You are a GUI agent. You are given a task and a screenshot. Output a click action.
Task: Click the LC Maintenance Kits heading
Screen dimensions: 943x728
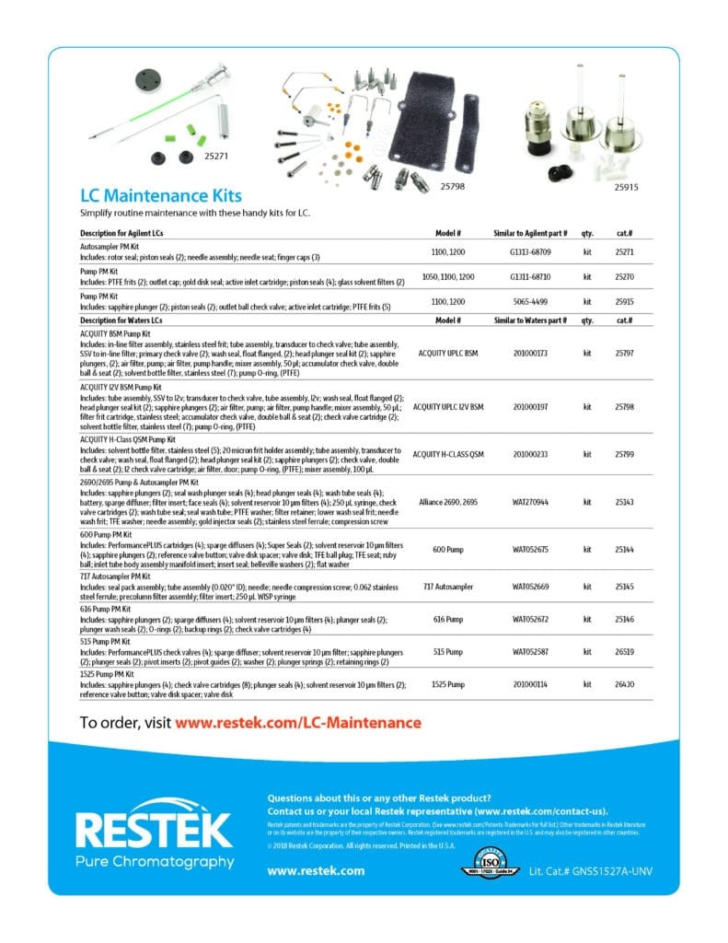point(161,195)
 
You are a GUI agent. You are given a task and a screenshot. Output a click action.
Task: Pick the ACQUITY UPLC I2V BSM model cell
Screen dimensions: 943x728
point(447,406)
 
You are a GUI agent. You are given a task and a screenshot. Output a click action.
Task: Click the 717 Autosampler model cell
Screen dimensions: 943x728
point(447,585)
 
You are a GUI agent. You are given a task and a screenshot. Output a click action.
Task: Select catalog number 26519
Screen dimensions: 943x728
point(624,651)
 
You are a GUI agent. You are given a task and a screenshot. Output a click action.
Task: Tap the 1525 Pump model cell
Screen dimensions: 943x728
point(447,684)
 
